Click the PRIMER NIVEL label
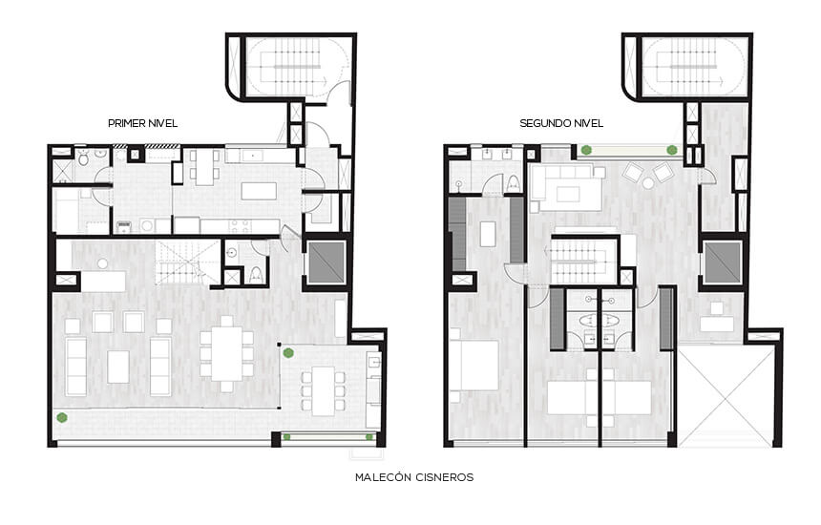click(142, 123)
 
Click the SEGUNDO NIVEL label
click(561, 123)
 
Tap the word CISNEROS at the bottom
click(444, 477)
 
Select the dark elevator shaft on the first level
click(326, 262)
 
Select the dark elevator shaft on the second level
click(723, 262)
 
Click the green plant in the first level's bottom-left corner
click(62, 417)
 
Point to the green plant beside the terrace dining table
click(288, 353)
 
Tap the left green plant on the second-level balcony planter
click(586, 150)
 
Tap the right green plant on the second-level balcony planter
click(672, 150)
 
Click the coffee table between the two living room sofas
click(118, 367)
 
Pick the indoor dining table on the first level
click(226, 353)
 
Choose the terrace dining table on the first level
click(324, 391)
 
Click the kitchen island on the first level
click(259, 191)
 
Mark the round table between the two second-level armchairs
click(648, 183)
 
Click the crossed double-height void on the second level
click(726, 398)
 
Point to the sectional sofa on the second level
click(565, 187)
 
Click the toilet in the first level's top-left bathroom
click(83, 158)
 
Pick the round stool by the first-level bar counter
click(103, 263)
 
